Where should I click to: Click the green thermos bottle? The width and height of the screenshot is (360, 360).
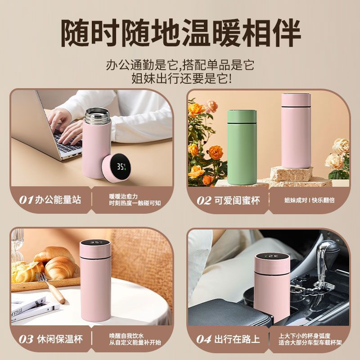coord(242,147)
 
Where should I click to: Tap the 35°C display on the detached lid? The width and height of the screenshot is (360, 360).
coord(121,166)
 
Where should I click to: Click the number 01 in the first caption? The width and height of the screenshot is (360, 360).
coord(26,200)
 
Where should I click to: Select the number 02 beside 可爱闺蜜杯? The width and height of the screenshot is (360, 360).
coord(204,200)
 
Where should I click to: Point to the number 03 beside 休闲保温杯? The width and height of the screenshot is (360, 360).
coord(26,339)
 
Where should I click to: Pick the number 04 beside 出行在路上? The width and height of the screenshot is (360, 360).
coord(204,339)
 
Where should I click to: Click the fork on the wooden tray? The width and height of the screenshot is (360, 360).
coord(50,288)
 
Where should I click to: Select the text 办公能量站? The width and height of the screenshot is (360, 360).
coord(58,200)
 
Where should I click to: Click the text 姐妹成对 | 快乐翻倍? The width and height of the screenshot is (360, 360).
coord(309,200)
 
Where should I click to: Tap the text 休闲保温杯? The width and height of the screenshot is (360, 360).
coord(60,339)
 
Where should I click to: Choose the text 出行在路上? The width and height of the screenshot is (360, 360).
coord(237,339)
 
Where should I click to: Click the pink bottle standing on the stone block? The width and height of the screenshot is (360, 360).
coord(296,130)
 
